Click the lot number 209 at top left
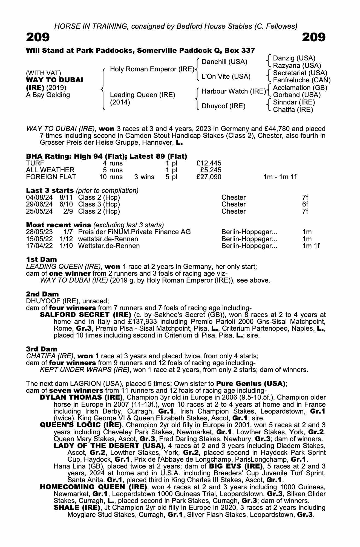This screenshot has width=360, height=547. pos(38,37)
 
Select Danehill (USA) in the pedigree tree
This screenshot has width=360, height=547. pos(224,62)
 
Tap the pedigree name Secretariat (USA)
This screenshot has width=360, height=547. pos(300,73)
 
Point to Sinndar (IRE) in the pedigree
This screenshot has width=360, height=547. pos(294,102)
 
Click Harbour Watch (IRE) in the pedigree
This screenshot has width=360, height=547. pos(234,91)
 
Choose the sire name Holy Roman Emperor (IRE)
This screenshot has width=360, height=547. pos(152,69)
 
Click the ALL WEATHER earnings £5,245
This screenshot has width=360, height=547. pos(211,170)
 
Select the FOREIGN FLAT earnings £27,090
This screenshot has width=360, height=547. pos(209,177)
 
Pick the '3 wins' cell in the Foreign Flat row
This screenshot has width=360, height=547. pos(144,177)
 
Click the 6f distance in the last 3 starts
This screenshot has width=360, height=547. pos(305,204)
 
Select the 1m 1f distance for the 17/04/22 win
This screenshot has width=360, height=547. pos(311,246)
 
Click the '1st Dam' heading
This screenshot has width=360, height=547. pos(41,259)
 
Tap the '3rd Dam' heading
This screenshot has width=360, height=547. pos(42,349)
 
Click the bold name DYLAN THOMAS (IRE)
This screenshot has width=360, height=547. pos(81,397)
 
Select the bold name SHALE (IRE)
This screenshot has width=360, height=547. pos(76,508)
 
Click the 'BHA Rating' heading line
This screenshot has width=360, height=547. pos(106,156)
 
